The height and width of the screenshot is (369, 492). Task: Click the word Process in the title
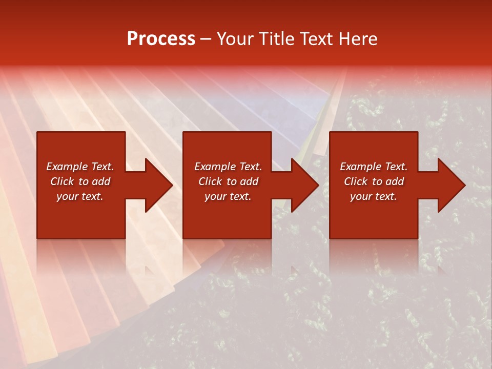pos(161,39)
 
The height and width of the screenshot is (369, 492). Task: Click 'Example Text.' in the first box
pos(80,167)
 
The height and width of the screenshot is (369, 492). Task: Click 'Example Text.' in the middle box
pos(228,167)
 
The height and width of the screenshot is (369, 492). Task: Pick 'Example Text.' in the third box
pos(374,167)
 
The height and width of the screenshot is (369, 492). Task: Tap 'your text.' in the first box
pos(80,196)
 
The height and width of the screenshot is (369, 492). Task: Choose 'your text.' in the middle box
pos(228,196)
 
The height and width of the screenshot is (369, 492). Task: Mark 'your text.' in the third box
pos(374,196)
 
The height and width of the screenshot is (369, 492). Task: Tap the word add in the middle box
pos(249,181)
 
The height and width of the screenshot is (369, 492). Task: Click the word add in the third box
pos(395,181)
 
